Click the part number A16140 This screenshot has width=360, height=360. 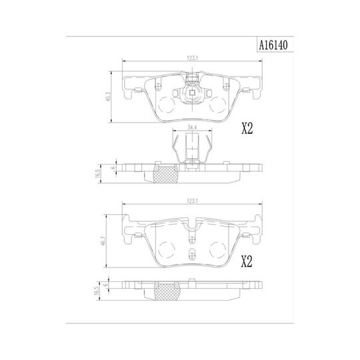point(273,45)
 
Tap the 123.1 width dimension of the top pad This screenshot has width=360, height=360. point(193,58)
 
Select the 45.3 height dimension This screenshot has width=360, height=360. point(109,96)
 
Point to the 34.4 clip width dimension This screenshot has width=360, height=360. point(192,127)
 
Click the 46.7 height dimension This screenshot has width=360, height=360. point(103,241)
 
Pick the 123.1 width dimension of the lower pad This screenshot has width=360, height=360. point(193,201)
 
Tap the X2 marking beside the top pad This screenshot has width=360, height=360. point(247,129)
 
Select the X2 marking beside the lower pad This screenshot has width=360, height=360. point(247,261)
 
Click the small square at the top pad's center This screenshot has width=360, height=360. point(192,93)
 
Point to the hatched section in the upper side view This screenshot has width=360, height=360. point(165,174)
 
